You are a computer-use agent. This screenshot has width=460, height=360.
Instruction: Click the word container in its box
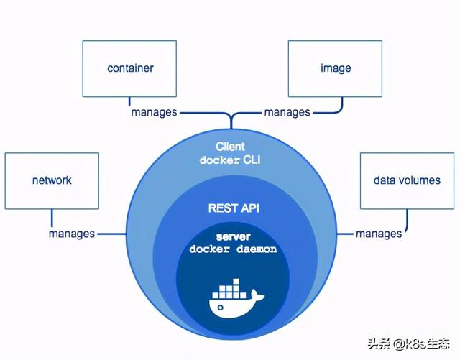[x=130, y=68]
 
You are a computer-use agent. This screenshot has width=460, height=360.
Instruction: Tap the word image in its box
[x=336, y=69]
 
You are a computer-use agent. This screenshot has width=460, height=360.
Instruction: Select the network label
[x=52, y=180]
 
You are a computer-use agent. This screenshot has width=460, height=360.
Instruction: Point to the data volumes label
[x=407, y=180]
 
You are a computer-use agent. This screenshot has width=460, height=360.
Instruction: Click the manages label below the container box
[x=154, y=112]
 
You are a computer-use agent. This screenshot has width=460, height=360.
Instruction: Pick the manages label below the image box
[x=287, y=112]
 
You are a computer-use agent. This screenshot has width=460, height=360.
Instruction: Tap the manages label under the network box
[x=72, y=234]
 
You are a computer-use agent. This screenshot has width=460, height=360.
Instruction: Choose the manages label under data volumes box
[x=379, y=234]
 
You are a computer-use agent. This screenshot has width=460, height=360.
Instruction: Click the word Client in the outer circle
[x=230, y=147]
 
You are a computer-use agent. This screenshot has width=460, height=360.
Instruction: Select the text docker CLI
[x=230, y=160]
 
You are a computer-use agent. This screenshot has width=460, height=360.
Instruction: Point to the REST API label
[x=234, y=208]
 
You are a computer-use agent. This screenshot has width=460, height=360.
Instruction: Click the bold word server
[x=233, y=236]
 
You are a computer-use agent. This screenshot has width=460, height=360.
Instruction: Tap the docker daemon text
[x=233, y=249]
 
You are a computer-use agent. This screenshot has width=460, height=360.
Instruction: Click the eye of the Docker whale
[x=221, y=308]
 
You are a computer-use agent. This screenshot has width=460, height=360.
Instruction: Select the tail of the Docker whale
[x=257, y=295]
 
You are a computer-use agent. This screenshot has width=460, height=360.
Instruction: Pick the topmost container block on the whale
[x=236, y=282]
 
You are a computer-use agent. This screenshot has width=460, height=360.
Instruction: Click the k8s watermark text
[x=408, y=343]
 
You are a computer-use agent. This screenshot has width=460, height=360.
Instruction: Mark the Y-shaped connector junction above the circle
[x=231, y=117]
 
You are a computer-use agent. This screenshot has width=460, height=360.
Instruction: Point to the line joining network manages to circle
[x=112, y=234]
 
